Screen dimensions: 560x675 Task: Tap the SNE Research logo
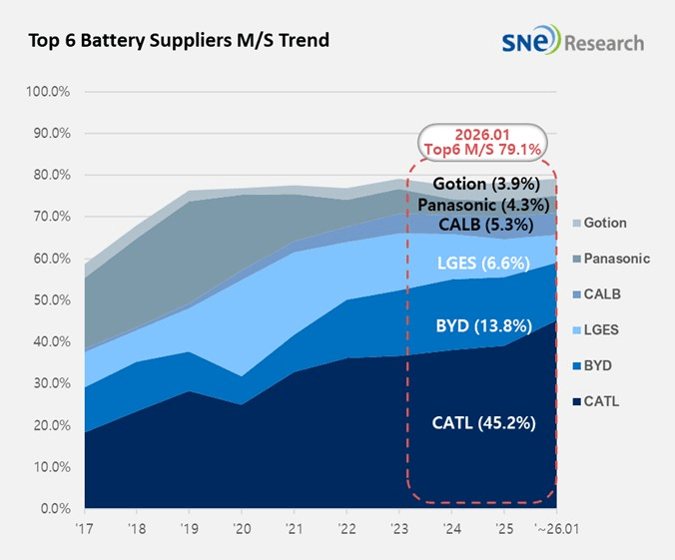point(574,42)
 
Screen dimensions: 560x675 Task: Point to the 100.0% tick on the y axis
point(48,92)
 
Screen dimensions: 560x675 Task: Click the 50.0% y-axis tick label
point(50,300)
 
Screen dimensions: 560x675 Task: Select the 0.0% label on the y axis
point(52,509)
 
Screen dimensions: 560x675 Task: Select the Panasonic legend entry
point(615,259)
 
